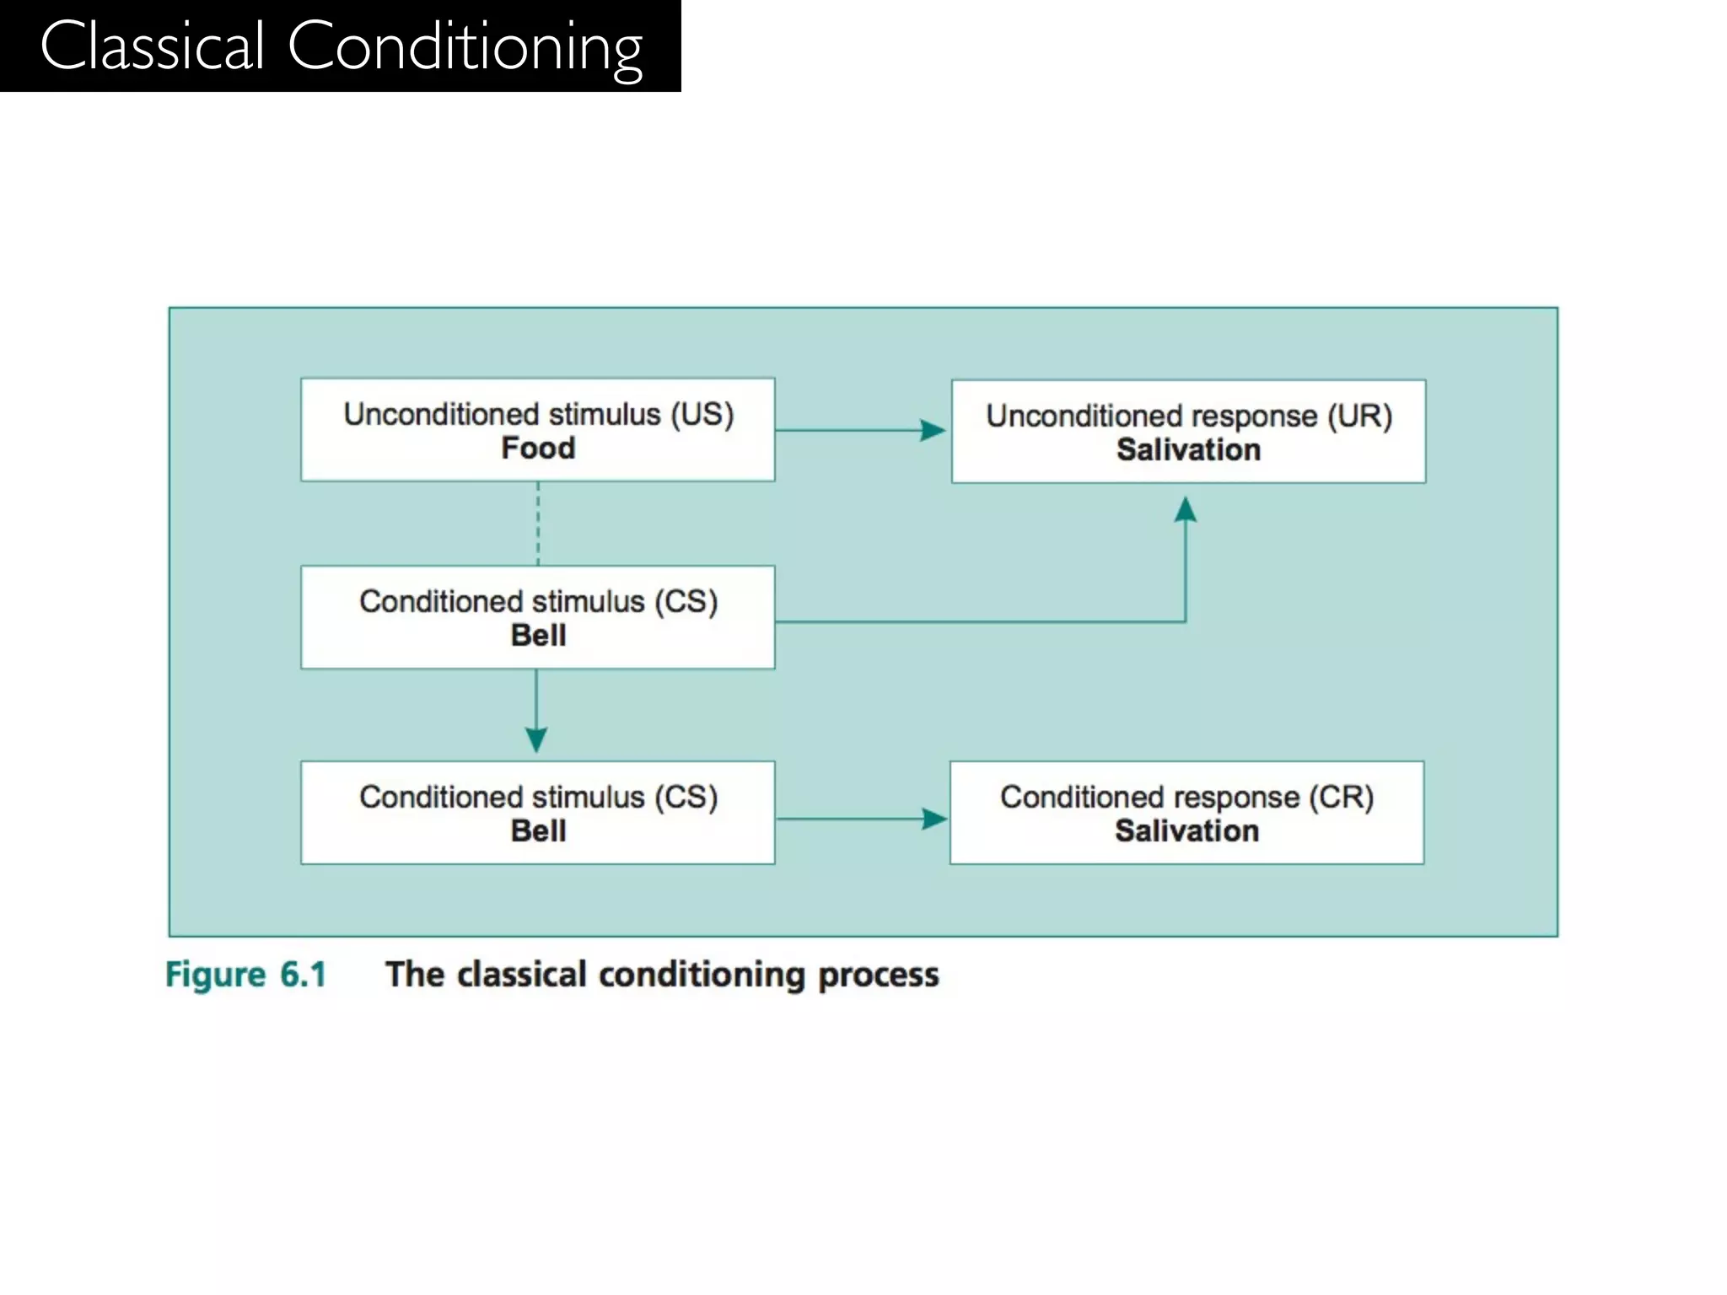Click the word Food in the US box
(x=538, y=449)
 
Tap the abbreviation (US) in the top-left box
(x=702, y=415)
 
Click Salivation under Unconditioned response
(x=1188, y=450)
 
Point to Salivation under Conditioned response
(x=1186, y=831)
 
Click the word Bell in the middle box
(x=538, y=636)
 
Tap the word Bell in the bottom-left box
(x=538, y=831)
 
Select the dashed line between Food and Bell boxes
(x=538, y=524)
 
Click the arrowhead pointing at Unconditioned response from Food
(x=933, y=431)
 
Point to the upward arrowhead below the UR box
(x=1186, y=509)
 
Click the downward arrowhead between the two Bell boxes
(x=536, y=739)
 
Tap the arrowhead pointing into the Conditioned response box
(x=934, y=819)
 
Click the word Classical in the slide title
(x=153, y=46)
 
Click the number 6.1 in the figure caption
(x=303, y=975)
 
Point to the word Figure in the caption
(x=216, y=975)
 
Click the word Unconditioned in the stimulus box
(x=441, y=415)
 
